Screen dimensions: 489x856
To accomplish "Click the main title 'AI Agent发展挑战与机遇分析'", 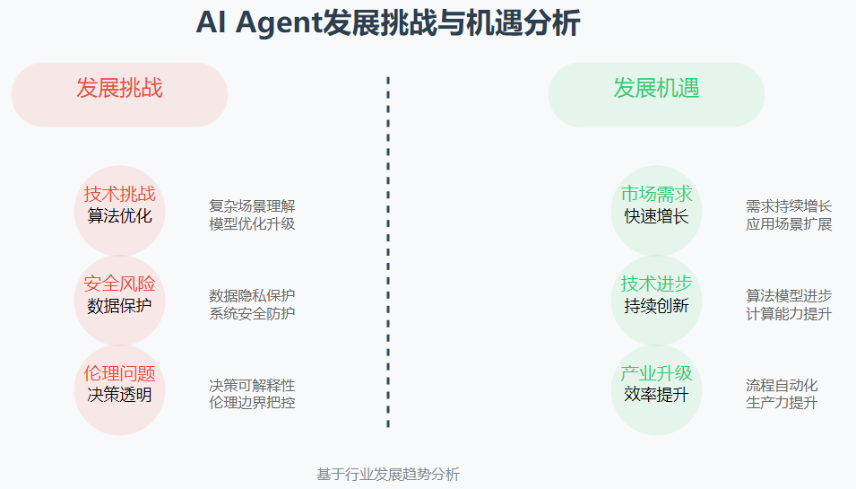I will (x=387, y=23).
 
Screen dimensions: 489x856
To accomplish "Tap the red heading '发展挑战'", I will (x=119, y=88).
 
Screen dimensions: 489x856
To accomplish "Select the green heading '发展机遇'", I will (x=656, y=88).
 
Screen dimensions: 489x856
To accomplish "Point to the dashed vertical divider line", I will (x=388, y=251).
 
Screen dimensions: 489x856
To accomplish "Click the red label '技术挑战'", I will (x=119, y=194).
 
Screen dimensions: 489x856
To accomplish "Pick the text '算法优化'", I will (x=119, y=216).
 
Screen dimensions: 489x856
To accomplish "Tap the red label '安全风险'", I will (x=119, y=284).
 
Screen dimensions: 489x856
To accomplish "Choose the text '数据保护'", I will (x=119, y=306).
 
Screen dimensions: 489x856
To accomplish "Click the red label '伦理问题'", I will (x=119, y=373).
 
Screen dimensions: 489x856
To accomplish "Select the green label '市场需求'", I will (x=656, y=194).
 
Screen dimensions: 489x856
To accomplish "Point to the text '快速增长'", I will (x=656, y=216).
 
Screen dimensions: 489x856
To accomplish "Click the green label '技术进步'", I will (x=656, y=284).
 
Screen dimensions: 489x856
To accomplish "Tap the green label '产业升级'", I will (x=656, y=373).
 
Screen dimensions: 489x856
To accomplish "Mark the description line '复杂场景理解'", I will (x=252, y=206).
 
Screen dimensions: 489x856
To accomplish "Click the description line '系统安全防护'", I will (x=252, y=314).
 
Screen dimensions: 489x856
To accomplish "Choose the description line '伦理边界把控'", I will (x=252, y=403).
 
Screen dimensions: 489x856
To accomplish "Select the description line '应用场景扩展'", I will (x=789, y=224).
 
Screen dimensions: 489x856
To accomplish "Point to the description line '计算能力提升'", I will (x=789, y=314).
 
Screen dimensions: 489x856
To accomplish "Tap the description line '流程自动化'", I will (x=782, y=386).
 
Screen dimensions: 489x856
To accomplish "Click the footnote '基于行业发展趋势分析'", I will (x=388, y=475).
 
